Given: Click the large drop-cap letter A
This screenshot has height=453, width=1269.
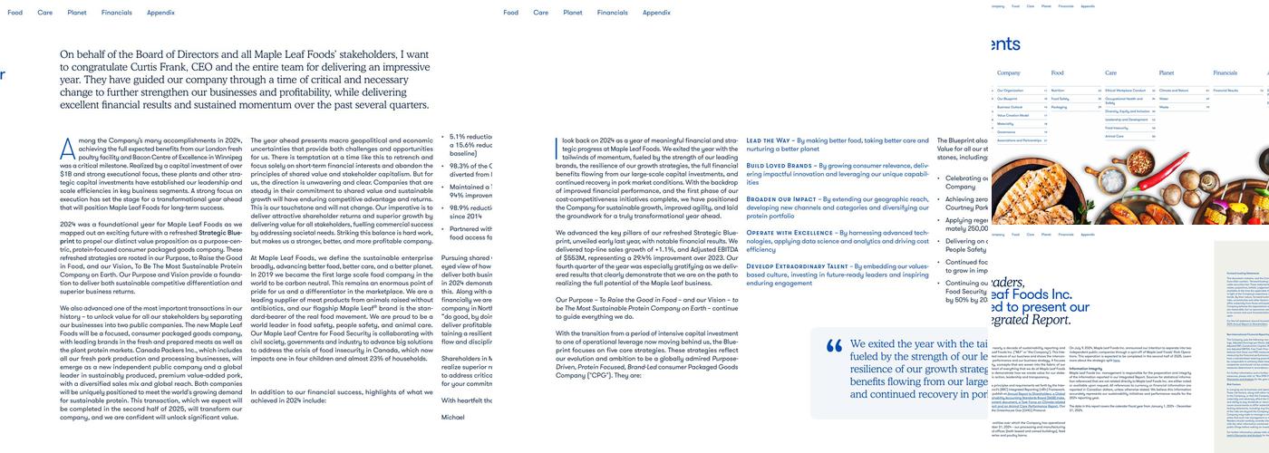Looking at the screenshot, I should (x=67, y=148).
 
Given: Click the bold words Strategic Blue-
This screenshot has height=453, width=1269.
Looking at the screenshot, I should (x=220, y=233).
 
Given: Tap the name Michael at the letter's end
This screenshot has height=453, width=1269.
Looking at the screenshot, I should (x=452, y=417).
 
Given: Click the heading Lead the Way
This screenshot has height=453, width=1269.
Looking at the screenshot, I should (x=768, y=140).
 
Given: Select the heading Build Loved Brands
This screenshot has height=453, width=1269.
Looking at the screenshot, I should (x=780, y=166).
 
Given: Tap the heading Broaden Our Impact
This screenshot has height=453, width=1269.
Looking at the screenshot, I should (x=781, y=199).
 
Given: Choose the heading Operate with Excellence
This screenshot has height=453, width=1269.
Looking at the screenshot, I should (x=789, y=233).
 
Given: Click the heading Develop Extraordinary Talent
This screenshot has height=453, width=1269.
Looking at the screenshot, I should (x=798, y=266).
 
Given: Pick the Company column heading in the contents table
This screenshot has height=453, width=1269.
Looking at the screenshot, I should (x=1009, y=72).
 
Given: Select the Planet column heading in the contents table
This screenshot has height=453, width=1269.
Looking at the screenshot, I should (x=1166, y=72).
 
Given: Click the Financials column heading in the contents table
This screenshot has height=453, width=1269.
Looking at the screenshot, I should (x=1225, y=72).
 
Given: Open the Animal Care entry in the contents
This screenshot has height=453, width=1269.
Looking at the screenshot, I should (x=1114, y=136).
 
